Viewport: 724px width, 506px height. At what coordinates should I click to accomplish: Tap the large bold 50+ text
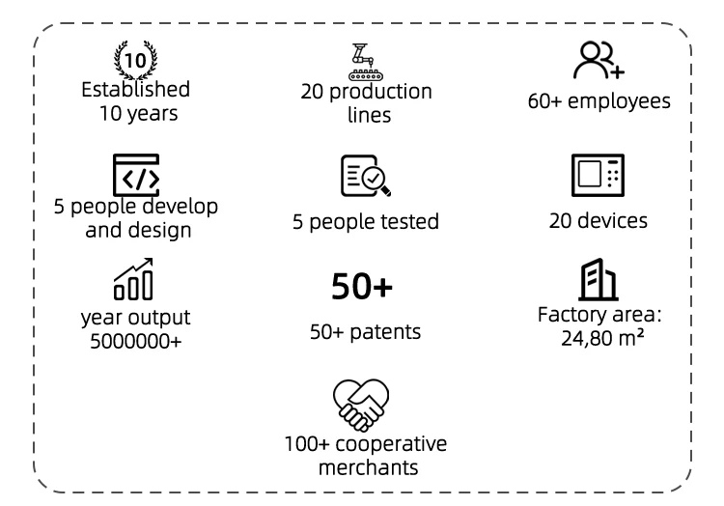click(365, 287)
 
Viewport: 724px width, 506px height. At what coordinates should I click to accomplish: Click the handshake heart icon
click(365, 405)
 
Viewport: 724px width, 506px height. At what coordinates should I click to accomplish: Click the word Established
click(134, 89)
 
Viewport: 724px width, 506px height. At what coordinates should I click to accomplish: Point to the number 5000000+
click(134, 339)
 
